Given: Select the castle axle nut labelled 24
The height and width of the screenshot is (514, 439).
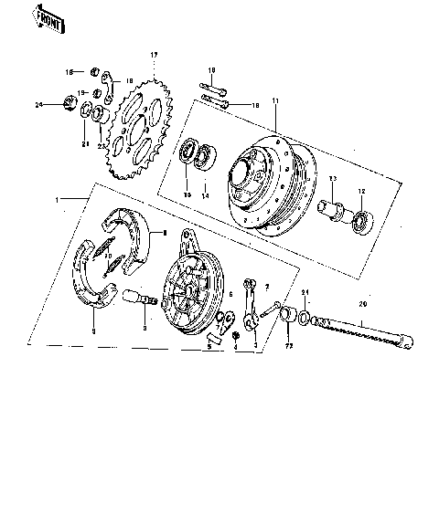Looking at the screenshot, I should click(x=70, y=103).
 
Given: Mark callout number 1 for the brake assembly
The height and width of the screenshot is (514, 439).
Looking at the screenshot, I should click(x=58, y=199).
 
